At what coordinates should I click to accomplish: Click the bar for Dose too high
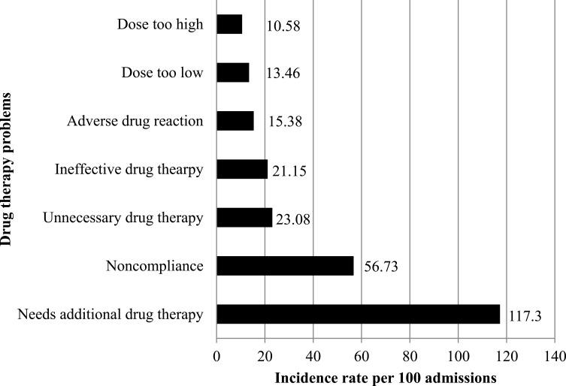pyautogui.click(x=229, y=25)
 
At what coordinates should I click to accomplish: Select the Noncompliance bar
pyautogui.click(x=285, y=266)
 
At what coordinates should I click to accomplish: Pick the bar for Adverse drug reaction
pyautogui.click(x=235, y=121)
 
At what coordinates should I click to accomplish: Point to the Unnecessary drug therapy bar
pyautogui.click(x=244, y=218)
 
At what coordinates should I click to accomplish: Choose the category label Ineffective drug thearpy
pyautogui.click(x=129, y=170)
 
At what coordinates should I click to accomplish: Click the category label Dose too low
pyautogui.click(x=162, y=73)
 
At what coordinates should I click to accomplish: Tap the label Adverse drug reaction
pyautogui.click(x=135, y=121)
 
